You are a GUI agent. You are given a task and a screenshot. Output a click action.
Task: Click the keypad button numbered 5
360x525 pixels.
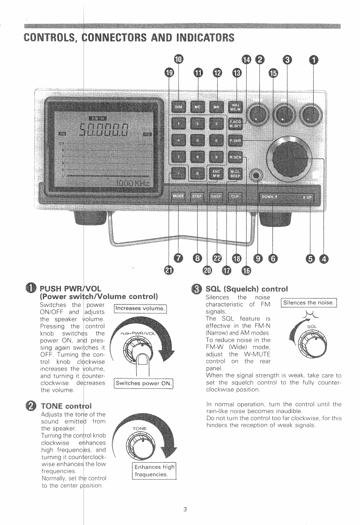(x=198, y=139)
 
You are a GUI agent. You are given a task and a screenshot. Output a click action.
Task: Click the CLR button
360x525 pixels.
(x=235, y=196)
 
